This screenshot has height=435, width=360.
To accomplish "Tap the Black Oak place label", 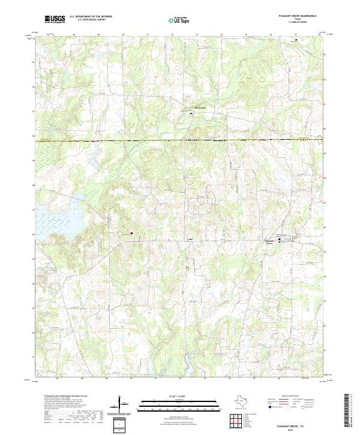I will pos(199,108).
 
